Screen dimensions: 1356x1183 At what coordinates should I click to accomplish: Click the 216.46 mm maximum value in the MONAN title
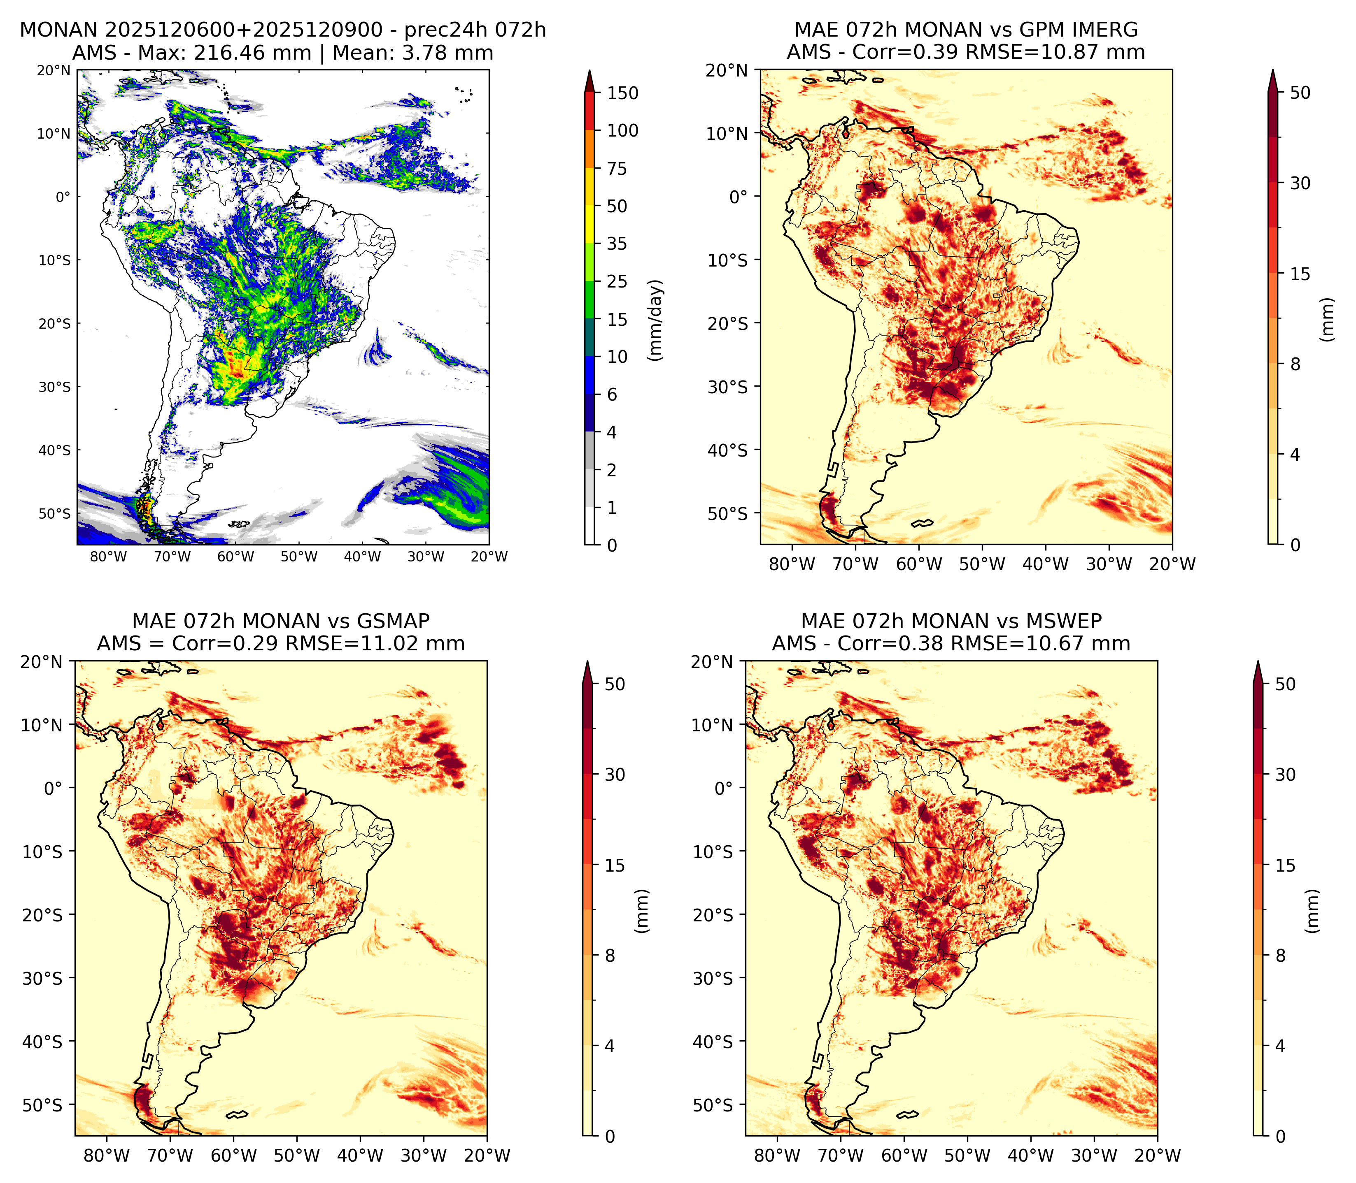click(252, 53)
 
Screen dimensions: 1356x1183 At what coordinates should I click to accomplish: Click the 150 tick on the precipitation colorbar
click(623, 93)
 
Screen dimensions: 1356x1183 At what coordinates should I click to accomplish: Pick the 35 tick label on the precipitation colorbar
click(617, 244)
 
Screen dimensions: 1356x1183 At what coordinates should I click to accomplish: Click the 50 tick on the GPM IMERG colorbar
click(1300, 93)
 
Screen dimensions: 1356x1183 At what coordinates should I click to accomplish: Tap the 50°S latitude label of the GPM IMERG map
click(728, 514)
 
